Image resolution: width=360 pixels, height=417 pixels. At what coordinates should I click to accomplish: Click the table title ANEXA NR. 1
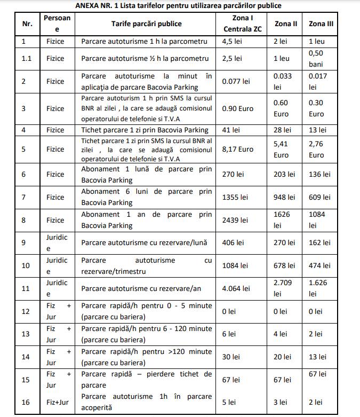(179, 5)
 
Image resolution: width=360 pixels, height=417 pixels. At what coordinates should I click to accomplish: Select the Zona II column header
(286, 24)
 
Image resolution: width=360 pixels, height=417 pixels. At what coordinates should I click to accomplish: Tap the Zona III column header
(322, 24)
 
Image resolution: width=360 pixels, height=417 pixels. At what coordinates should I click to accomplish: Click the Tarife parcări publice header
(147, 24)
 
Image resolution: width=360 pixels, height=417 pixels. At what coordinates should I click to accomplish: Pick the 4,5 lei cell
(233, 41)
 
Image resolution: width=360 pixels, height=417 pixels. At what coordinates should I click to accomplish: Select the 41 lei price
(231, 130)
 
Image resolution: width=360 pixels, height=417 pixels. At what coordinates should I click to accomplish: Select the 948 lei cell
(284, 197)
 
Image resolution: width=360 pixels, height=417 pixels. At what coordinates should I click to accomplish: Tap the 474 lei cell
(319, 265)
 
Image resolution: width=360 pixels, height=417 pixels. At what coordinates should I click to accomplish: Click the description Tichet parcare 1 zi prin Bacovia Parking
(145, 130)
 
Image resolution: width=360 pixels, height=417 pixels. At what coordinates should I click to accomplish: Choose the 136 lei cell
(319, 174)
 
